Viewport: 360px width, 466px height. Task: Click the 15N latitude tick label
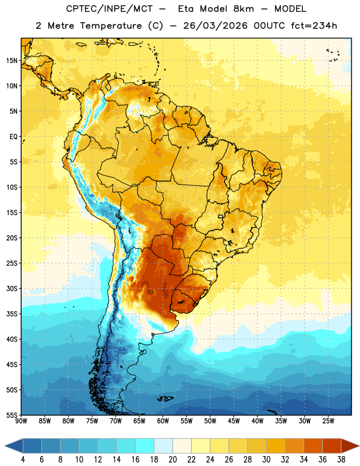12,61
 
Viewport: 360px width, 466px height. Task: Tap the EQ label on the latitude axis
13,137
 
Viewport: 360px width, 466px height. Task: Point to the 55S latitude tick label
12,415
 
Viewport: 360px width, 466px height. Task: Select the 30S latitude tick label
12,288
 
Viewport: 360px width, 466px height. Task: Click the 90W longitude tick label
21,421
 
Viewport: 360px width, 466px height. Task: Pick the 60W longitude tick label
163,421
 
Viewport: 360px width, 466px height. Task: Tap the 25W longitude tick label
328,421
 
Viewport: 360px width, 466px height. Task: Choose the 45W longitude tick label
234,421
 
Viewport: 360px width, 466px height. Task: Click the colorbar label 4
23,460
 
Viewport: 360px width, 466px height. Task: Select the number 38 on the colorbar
341,460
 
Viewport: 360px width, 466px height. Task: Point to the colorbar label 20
172,460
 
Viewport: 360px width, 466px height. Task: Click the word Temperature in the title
111,26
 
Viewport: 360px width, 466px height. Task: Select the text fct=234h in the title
314,26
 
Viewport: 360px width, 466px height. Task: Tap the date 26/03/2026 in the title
215,26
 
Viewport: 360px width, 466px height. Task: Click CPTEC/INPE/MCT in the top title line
110,9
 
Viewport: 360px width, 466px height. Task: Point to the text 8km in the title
243,9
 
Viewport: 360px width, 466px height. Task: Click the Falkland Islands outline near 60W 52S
165,398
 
